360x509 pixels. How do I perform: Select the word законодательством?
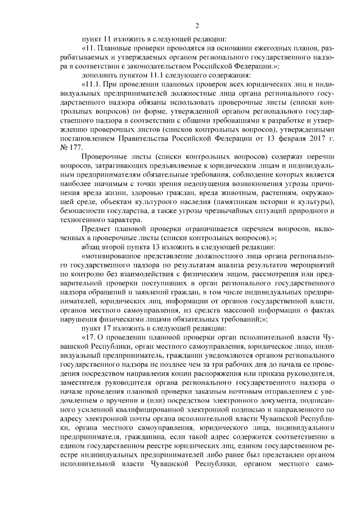(141, 65)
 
